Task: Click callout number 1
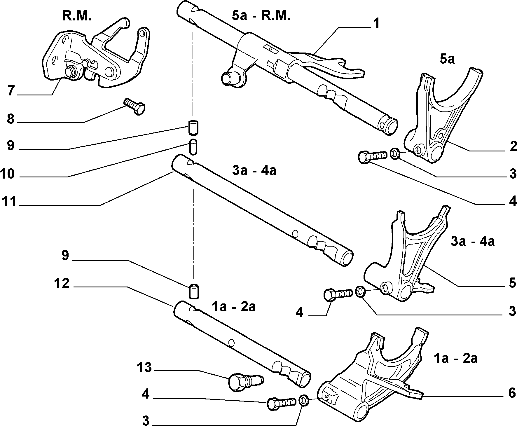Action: [376, 23]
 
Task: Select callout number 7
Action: [11, 91]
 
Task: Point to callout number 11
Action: [9, 201]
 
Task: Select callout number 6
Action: [512, 393]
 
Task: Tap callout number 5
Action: [512, 283]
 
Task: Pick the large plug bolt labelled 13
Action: [245, 381]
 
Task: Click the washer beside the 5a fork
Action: [395, 153]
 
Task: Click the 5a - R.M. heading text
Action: [261, 15]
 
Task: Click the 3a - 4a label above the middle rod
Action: [254, 171]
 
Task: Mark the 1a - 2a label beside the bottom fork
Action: [456, 358]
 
